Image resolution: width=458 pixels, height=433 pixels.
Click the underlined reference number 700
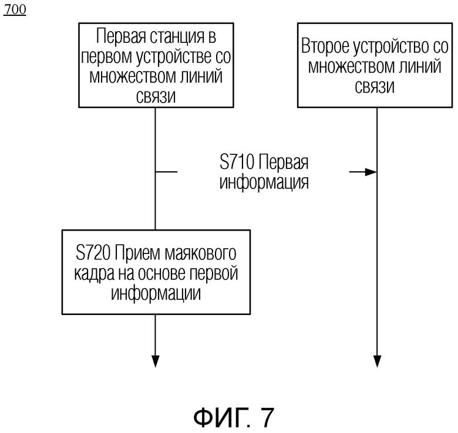15,9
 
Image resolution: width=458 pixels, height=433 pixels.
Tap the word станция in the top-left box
177,37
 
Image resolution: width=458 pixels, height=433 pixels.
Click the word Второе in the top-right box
325,47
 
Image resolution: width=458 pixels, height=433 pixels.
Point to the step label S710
237,163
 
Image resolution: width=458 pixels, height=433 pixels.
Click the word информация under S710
264,182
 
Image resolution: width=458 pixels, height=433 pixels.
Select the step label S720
93,253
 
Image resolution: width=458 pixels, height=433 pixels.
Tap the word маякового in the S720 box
200,253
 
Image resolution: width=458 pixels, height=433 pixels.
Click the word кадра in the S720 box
95,273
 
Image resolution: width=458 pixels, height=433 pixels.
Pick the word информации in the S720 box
156,293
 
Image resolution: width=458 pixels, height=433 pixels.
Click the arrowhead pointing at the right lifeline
371,172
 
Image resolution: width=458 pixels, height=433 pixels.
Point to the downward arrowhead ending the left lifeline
156,361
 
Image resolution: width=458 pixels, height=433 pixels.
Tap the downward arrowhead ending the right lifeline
377,361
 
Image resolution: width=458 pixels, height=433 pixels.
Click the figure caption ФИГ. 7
234,417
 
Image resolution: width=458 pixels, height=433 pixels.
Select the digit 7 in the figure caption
267,417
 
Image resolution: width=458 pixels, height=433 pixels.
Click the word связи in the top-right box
375,86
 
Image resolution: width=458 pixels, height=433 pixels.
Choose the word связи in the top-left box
156,97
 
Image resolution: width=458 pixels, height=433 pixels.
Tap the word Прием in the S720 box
137,253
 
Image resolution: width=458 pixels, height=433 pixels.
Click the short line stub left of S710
166,172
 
